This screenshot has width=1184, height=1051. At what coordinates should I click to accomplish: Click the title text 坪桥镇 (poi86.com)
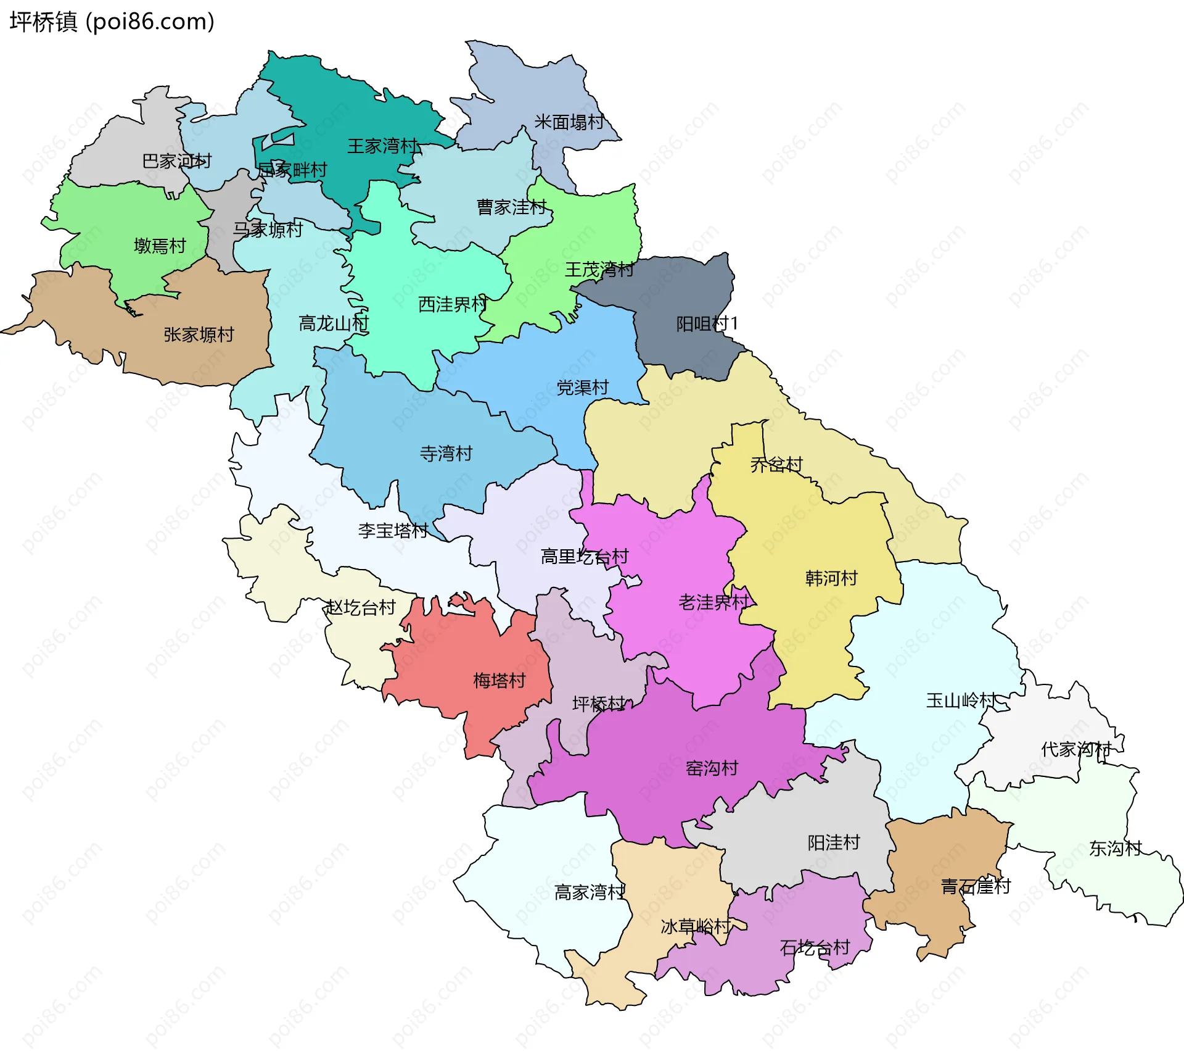tap(112, 22)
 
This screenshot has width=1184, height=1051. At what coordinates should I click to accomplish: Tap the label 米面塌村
tap(569, 122)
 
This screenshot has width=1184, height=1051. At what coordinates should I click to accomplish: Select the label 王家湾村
tap(382, 146)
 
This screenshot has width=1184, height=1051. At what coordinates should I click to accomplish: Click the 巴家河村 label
tap(176, 161)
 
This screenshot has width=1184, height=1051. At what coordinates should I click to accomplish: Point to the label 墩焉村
tap(160, 246)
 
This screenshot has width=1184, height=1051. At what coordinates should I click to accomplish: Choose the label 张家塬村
tap(199, 334)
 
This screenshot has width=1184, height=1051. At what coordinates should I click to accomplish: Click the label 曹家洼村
tap(511, 207)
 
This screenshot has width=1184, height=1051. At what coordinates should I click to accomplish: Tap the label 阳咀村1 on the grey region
tap(707, 324)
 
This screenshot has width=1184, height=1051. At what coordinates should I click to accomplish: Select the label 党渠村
tap(582, 388)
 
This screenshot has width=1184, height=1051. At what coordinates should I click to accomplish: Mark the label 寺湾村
tap(446, 454)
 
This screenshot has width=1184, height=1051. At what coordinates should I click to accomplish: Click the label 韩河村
tap(831, 578)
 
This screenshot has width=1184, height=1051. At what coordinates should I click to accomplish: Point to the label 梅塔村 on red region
tap(499, 681)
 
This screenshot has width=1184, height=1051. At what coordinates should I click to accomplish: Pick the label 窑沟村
tap(712, 768)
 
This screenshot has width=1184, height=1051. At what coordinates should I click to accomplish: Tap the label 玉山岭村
tap(961, 700)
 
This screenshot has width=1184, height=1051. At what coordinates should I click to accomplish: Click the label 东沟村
tap(1115, 849)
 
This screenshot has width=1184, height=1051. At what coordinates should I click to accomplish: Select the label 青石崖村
tap(976, 887)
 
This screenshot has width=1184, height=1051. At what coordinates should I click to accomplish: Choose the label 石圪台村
tap(815, 947)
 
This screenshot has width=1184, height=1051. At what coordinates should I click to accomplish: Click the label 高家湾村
tap(590, 892)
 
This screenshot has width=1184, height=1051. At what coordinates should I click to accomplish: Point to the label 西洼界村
tap(453, 304)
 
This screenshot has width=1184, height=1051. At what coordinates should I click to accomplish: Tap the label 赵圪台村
tap(360, 608)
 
